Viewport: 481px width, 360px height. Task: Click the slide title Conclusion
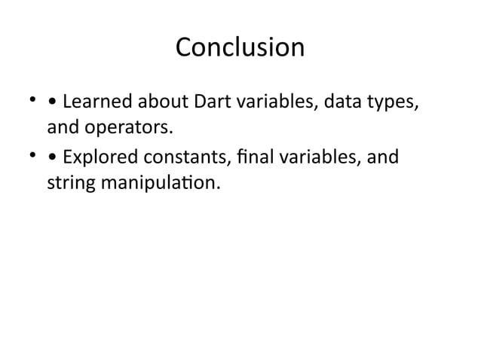click(x=240, y=47)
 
